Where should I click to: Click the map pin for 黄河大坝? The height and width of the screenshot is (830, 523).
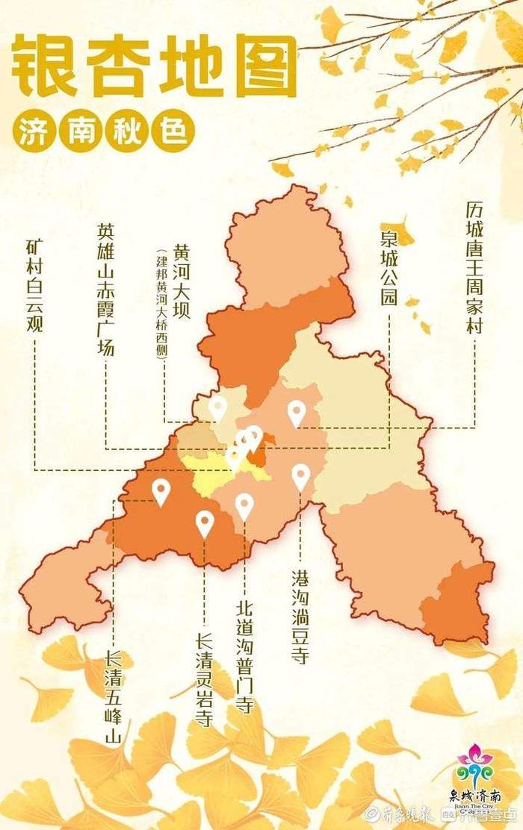pyautogui.click(x=217, y=408)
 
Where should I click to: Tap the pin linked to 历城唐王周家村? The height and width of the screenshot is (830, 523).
pyautogui.click(x=297, y=413)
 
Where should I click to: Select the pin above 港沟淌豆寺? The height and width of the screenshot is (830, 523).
pyautogui.click(x=300, y=476)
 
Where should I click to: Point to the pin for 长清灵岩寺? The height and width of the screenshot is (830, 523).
pyautogui.click(x=205, y=523)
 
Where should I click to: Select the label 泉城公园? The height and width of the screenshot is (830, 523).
pyautogui.click(x=389, y=268)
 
